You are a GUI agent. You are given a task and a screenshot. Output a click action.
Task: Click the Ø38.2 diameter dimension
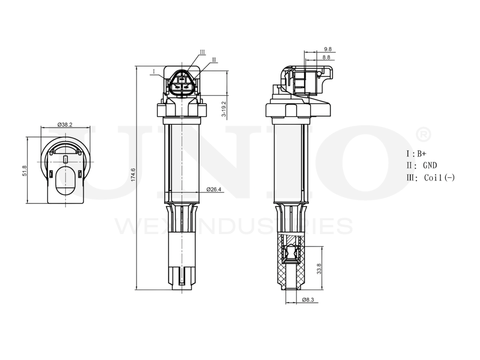click(65, 124)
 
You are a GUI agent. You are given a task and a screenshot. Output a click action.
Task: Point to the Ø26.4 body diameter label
click(214, 189)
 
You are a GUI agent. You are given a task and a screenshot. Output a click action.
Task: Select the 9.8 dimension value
click(328, 49)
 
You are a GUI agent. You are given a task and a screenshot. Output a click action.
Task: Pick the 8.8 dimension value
click(326, 57)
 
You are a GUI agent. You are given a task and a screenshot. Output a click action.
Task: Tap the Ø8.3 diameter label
click(308, 300)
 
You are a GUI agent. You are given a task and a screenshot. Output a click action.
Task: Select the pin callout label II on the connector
click(214, 60)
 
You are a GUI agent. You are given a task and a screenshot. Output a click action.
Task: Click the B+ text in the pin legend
click(421, 154)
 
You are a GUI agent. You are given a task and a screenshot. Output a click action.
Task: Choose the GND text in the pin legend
click(430, 166)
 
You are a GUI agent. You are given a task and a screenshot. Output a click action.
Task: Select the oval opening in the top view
click(64, 180)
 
